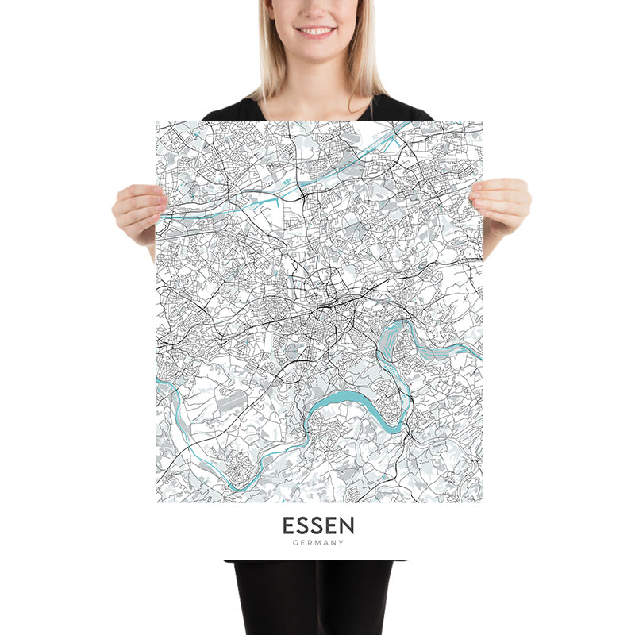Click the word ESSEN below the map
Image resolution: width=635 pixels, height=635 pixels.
(x=318, y=525)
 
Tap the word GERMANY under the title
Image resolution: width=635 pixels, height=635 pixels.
(x=318, y=543)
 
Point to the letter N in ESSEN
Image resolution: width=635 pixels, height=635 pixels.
(x=347, y=525)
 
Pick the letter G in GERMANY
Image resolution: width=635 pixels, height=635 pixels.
(x=294, y=543)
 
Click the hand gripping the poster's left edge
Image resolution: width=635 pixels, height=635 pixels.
(x=137, y=210)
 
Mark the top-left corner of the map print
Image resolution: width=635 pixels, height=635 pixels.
(x=156, y=121)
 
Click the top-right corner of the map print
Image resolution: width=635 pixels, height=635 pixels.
(x=482, y=121)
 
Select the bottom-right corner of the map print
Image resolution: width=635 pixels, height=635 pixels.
(x=482, y=502)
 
